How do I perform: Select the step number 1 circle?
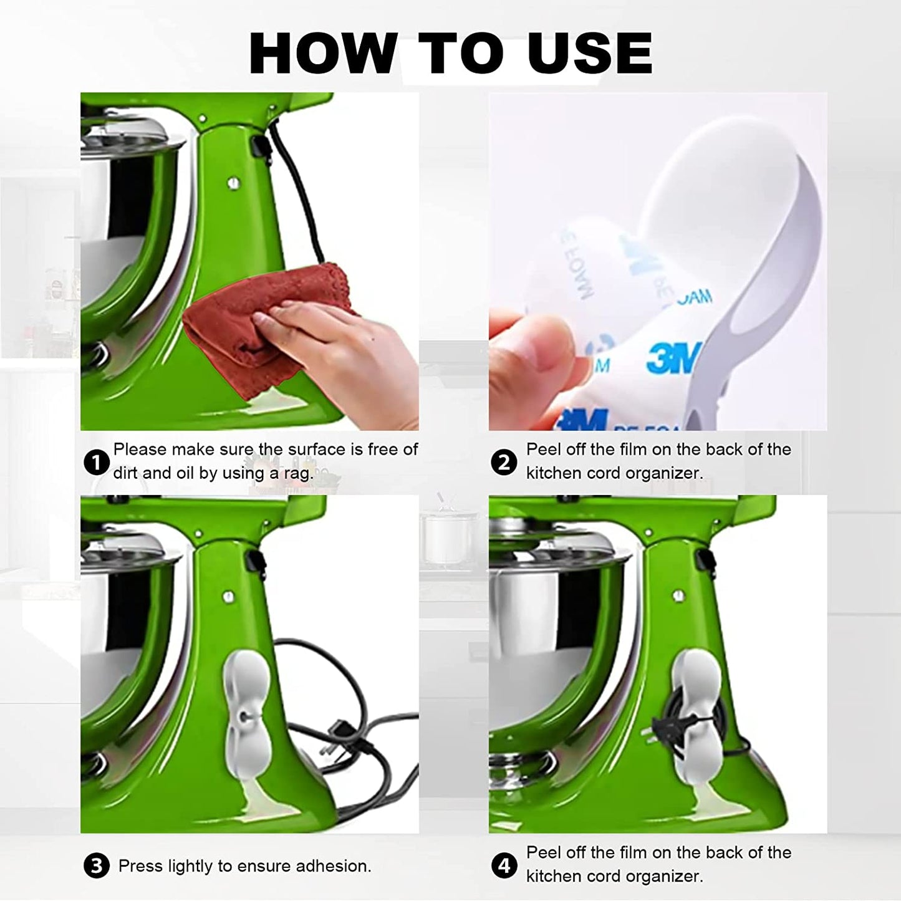point(96,463)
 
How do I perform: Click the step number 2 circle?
point(504,463)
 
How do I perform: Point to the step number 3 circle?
point(96,866)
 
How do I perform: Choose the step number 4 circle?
point(504,865)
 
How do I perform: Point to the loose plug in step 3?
point(340,729)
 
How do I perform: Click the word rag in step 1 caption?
point(297,474)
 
